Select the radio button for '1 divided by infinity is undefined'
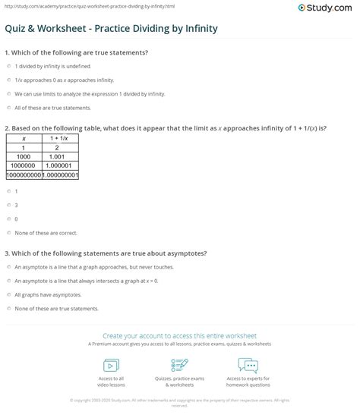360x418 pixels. click(x=8, y=68)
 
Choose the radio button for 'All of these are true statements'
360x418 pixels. click(x=8, y=108)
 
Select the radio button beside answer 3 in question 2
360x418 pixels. click(x=8, y=205)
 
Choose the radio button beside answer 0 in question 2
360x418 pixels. click(x=8, y=218)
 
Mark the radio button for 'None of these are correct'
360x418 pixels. click(x=8, y=232)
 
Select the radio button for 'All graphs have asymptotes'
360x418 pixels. click(x=8, y=294)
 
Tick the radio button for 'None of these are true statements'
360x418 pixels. click(x=8, y=308)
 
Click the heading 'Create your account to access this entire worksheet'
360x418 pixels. click(x=179, y=335)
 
